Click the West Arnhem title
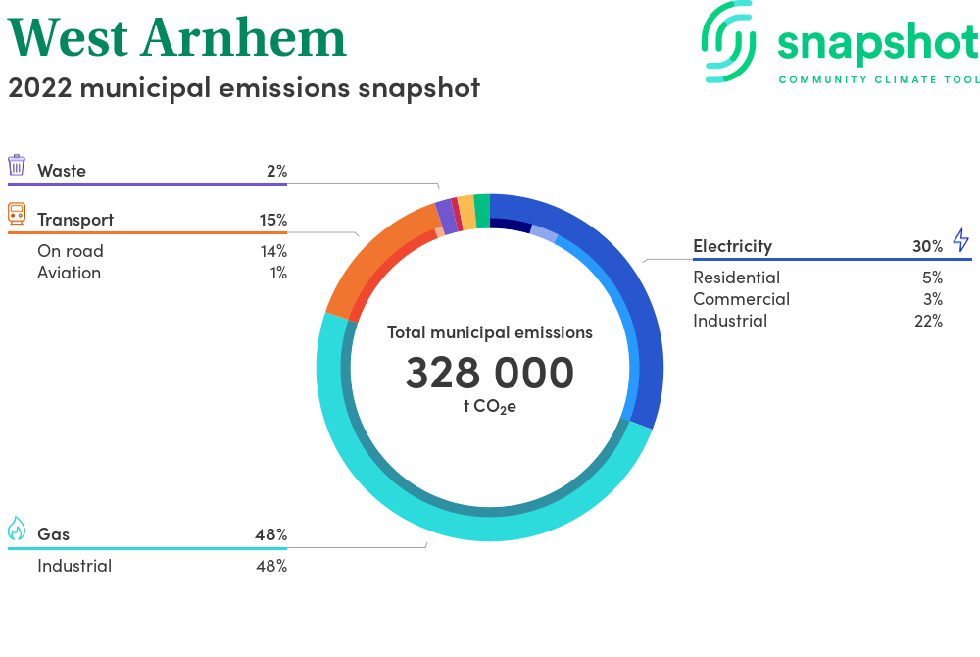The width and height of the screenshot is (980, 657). [x=176, y=38]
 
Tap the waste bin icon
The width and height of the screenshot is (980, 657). [x=17, y=165]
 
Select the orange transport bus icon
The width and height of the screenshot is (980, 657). [x=17, y=213]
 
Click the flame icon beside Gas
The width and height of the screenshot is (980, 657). [x=17, y=529]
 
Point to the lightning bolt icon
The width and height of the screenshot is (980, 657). [x=961, y=240]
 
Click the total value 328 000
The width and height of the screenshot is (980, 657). [x=490, y=373]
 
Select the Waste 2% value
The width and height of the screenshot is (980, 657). [x=277, y=171]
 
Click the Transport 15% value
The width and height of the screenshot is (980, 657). [x=273, y=220]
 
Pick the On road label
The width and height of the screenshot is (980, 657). [x=70, y=251]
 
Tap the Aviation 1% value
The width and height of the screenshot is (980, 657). [x=278, y=274]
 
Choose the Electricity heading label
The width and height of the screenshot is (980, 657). [x=732, y=246]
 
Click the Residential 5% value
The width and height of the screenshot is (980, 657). [x=933, y=278]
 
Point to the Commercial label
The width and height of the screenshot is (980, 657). [x=741, y=299]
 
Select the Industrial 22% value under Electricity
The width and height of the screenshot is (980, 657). [x=929, y=322]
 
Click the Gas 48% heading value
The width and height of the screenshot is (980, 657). [x=271, y=535]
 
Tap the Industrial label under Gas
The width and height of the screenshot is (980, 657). [x=74, y=567]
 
